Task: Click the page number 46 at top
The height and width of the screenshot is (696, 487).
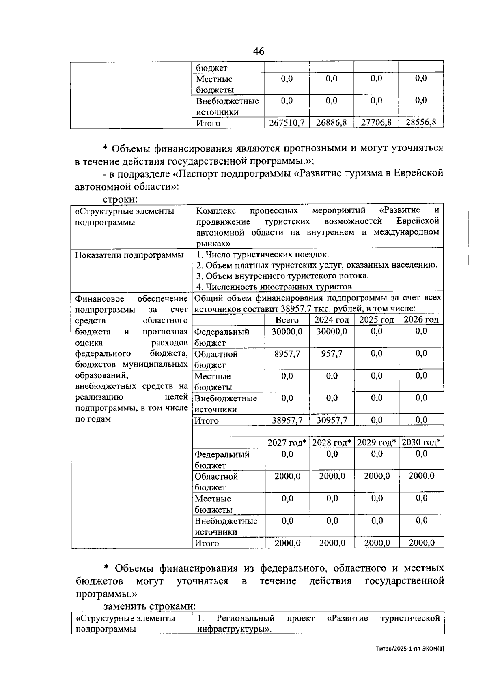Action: [258, 51]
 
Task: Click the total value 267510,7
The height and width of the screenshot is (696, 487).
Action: [287, 122]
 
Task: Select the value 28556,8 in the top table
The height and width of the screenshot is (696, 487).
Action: [421, 122]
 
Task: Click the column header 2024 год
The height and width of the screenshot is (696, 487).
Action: [332, 320]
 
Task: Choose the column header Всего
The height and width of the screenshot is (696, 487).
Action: [287, 320]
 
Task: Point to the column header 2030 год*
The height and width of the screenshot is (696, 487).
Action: [421, 442]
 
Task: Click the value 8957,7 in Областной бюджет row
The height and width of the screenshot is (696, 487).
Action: [287, 354]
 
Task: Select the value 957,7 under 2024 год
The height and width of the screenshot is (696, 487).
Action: [332, 354]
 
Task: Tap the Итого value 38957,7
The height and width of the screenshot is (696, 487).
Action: [287, 420]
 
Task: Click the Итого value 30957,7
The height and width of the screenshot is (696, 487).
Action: [332, 420]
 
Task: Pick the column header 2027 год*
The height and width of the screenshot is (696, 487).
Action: [287, 442]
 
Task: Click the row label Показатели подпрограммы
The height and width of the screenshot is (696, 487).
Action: [129, 255]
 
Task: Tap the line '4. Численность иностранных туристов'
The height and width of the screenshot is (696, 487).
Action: [274, 287]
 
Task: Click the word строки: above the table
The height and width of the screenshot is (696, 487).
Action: [120, 199]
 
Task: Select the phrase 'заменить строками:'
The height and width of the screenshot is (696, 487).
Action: [150, 606]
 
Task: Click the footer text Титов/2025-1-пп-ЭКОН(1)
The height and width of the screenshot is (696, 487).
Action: [410, 649]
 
